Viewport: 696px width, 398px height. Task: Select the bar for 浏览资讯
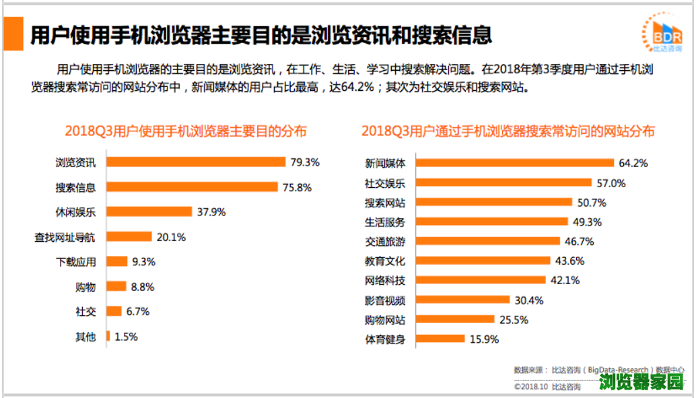[x=196, y=162]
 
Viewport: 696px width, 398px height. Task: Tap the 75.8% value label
[x=297, y=188]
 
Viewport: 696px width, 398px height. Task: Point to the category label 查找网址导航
[x=65, y=237]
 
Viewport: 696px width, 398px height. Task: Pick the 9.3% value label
[x=144, y=261]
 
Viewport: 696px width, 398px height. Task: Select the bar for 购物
[x=116, y=286]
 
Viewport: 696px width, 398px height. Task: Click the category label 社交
[x=85, y=311]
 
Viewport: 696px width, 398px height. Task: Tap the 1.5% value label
[x=127, y=336]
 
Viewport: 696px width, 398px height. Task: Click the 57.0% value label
[x=611, y=183]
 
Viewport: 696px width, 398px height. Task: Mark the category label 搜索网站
[x=385, y=202]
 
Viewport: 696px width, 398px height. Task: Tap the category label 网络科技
[x=385, y=280]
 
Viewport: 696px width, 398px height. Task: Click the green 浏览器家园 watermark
[x=641, y=383]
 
